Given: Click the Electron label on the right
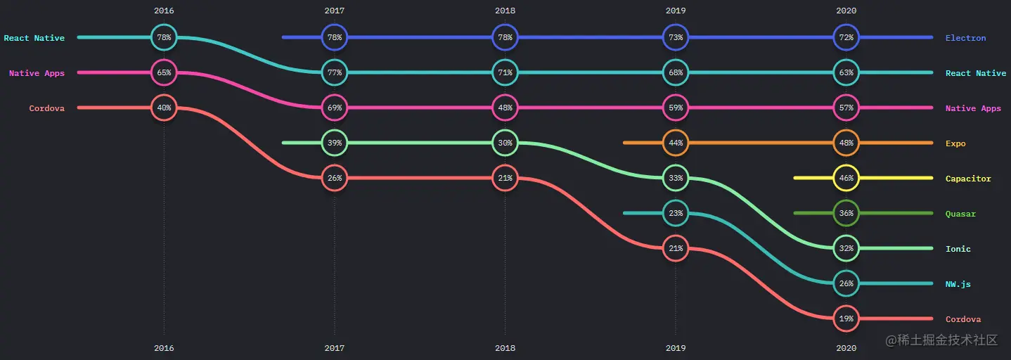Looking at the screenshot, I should tap(965, 38).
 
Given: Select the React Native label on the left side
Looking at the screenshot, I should tap(34, 38).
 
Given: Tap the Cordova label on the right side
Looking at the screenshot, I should tap(962, 319).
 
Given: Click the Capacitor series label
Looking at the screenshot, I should tap(968, 179).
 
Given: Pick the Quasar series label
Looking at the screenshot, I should tap(960, 214).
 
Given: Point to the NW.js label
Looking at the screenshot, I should tap(958, 284).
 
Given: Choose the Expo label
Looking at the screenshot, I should tap(955, 143).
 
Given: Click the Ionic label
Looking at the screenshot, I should tap(958, 249).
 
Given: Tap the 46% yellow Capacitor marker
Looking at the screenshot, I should tap(846, 178).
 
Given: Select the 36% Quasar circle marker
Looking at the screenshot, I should tap(846, 213).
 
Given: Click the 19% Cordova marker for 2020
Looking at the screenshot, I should tap(846, 319).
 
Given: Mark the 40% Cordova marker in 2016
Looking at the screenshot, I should tap(164, 108).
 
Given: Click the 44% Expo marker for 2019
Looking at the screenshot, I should tap(676, 143).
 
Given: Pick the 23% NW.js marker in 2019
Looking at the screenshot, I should tap(676, 213).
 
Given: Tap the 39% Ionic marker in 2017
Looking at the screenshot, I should tap(335, 143).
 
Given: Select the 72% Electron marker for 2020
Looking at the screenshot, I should tap(846, 37).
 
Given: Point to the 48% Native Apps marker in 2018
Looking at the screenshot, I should tap(505, 108).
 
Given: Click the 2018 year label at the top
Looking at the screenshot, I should tap(505, 11).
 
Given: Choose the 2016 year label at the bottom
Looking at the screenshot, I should tap(164, 348).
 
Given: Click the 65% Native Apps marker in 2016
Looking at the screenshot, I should tap(164, 72).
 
